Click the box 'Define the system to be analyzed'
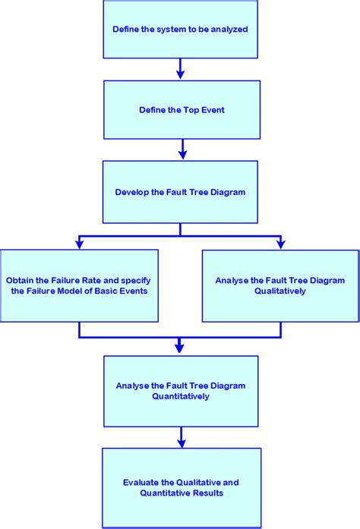click(181, 29)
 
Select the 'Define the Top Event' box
click(181, 110)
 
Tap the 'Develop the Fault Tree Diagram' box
click(181, 191)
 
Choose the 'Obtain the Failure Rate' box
click(79, 285)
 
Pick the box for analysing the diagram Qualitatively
click(281, 285)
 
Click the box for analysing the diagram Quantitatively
click(181, 390)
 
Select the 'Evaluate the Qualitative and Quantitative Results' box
click(181, 487)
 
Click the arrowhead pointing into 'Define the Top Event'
click(181, 74)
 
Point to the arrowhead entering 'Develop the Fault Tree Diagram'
click(181, 155)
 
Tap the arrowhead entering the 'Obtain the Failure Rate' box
click(79, 244)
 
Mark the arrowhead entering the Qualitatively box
click(281, 244)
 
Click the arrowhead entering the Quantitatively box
click(180, 348)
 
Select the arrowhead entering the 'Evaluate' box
click(181, 442)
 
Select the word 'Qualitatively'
click(281, 291)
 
